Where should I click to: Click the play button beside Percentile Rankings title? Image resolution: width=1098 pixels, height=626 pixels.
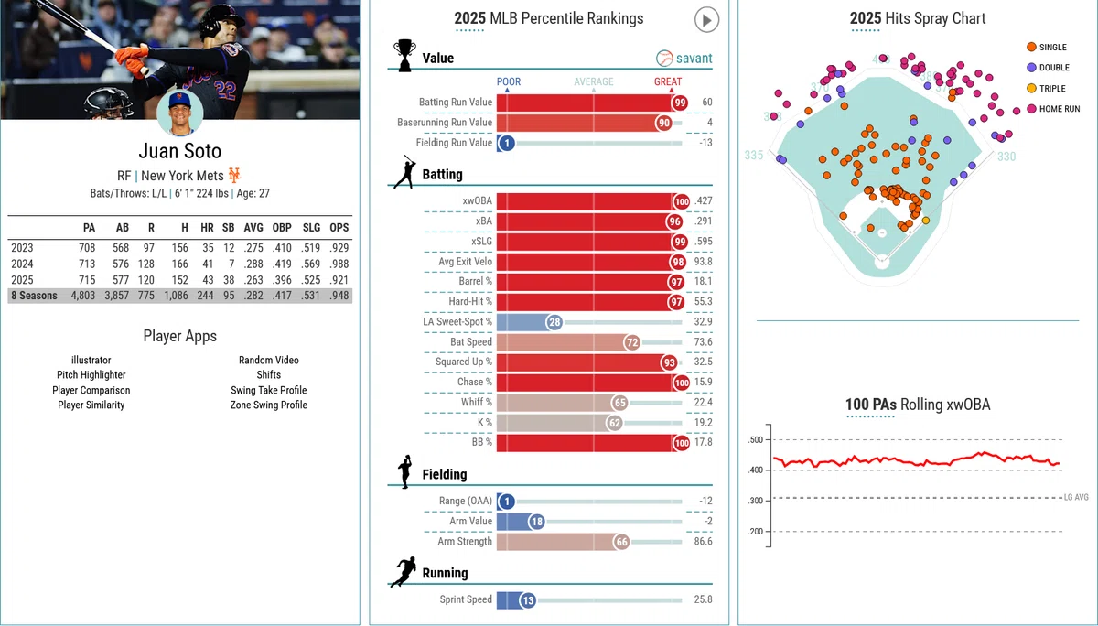[706, 20]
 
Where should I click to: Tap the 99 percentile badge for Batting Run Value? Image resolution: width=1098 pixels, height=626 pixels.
[679, 103]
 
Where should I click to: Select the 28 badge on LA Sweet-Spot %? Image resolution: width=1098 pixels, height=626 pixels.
[554, 322]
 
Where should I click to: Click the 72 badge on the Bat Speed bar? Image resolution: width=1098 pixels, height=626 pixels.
[632, 342]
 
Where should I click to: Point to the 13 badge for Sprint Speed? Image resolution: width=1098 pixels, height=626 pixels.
[528, 600]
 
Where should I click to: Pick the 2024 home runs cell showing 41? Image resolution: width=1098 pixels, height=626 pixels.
[208, 264]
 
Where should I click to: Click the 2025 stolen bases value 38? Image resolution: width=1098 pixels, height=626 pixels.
[229, 280]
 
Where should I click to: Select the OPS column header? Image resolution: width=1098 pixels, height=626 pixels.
[339, 228]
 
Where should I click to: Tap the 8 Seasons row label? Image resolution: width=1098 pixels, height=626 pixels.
[35, 296]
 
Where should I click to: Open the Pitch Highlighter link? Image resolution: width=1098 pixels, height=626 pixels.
[91, 375]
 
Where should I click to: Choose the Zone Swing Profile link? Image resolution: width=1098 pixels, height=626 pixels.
[269, 405]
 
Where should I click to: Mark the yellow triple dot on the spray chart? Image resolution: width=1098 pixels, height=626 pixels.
[926, 221]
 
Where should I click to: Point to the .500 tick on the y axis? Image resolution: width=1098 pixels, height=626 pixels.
[756, 439]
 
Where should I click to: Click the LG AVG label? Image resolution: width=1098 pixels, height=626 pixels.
[1076, 497]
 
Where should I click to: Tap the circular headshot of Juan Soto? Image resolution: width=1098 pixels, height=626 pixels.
[180, 113]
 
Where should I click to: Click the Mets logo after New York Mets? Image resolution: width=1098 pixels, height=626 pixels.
[234, 175]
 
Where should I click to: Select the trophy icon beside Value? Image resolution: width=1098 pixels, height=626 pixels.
[404, 56]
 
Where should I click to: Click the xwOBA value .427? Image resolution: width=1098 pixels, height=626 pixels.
[704, 201]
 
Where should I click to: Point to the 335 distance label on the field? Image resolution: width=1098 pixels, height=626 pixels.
[753, 156]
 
